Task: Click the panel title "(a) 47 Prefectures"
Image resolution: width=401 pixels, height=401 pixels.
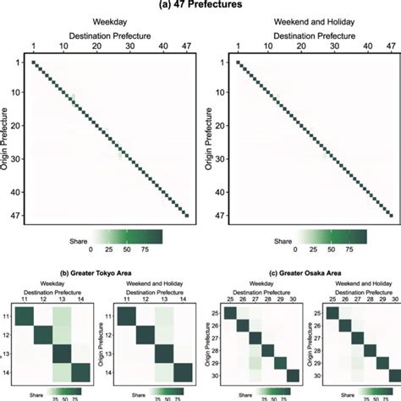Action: pos(200,6)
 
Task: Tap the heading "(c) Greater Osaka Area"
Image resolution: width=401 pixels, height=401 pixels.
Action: pos(294,273)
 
